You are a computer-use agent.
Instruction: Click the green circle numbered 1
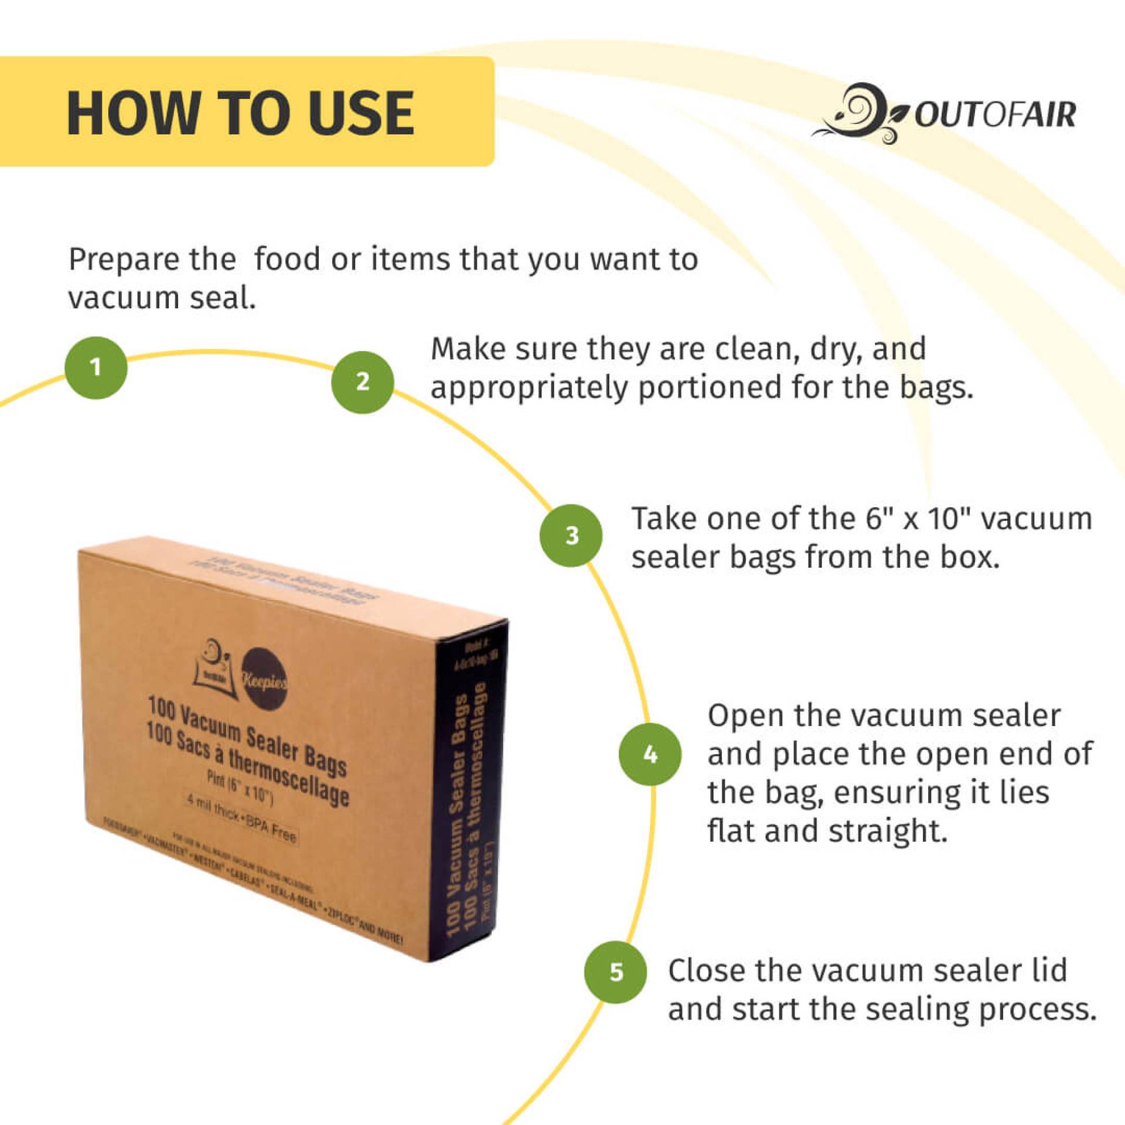[96, 367]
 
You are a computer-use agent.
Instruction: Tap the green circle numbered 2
[363, 382]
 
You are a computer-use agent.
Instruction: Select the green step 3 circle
[571, 535]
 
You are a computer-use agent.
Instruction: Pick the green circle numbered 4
[650, 754]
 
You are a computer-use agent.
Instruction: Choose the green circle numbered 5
[616, 972]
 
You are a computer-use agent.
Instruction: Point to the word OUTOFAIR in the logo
[995, 114]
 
